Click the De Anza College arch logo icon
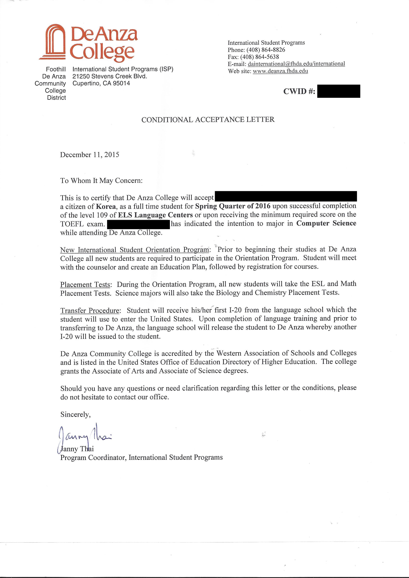53,42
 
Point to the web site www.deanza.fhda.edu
280,71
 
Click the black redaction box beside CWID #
338,91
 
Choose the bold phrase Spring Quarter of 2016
233,206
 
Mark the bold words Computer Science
326,223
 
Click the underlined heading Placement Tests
85,285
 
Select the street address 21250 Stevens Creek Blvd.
110,76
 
